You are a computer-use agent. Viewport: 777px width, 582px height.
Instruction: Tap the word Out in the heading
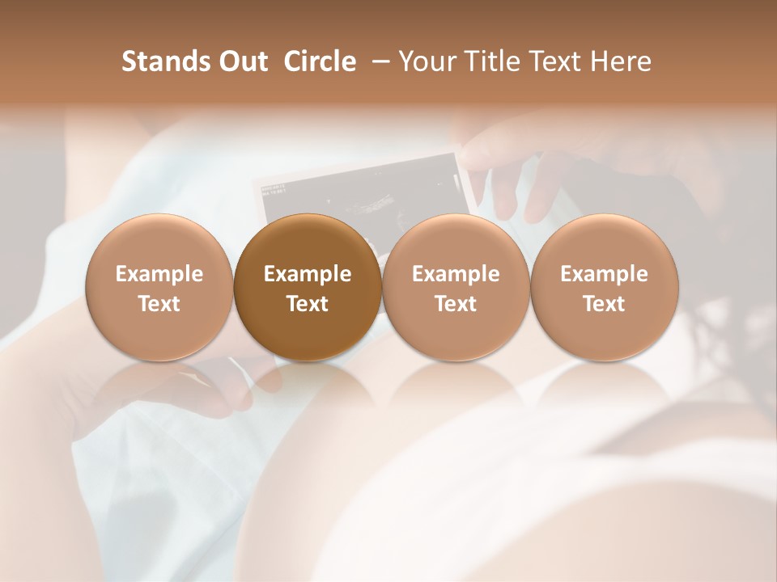[x=241, y=61]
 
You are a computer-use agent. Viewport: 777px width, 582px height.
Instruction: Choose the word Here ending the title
[x=621, y=61]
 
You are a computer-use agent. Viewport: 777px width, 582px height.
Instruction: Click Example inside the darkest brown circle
[x=308, y=274]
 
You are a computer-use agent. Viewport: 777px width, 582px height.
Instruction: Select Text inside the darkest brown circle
[x=308, y=304]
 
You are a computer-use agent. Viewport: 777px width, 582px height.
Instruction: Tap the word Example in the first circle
[x=159, y=274]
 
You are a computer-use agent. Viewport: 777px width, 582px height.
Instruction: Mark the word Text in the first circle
[x=159, y=304]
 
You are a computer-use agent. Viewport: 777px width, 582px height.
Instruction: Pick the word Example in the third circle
[x=456, y=274]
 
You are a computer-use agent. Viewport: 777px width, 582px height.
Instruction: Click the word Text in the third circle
[x=456, y=304]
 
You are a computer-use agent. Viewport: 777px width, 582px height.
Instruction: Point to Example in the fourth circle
[x=604, y=274]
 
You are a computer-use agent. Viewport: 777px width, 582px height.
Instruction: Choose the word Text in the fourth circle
[x=604, y=304]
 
